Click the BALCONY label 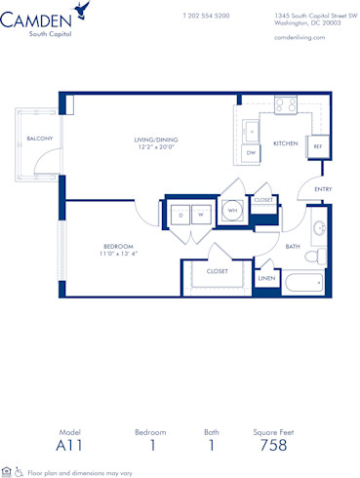[x=39, y=139]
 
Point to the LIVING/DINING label [x=156, y=139]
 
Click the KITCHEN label [x=285, y=143]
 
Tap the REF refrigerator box [x=317, y=145]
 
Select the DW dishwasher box [x=251, y=153]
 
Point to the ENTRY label [x=323, y=190]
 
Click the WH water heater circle [x=233, y=211]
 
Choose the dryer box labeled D [x=180, y=215]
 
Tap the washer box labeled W [x=200, y=215]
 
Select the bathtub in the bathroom [x=303, y=286]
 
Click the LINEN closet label [x=267, y=279]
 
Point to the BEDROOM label [x=118, y=246]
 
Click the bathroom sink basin [x=319, y=231]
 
